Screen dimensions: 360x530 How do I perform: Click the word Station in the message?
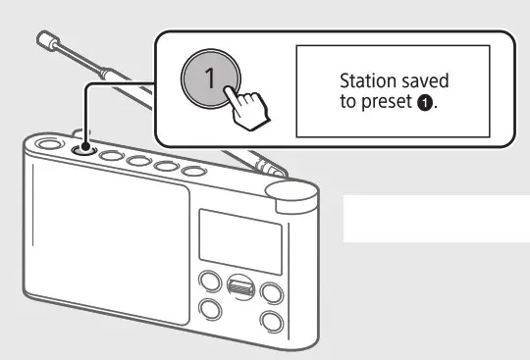click(x=362, y=81)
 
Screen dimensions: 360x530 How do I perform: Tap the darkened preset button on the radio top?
click(x=82, y=148)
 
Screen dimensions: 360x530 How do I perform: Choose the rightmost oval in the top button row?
click(x=196, y=172)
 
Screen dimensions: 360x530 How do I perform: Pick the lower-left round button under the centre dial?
click(x=208, y=313)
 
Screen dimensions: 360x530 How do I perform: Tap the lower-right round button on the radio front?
click(x=270, y=321)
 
